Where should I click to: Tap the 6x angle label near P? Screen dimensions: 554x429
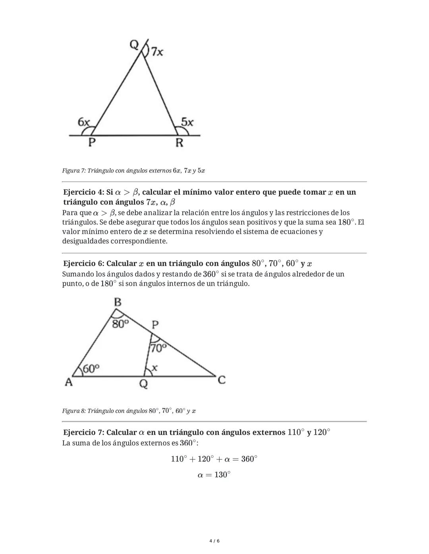tap(84, 122)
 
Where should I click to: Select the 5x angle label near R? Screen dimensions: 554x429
tap(187, 122)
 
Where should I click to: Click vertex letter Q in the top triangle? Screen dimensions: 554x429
tap(134, 45)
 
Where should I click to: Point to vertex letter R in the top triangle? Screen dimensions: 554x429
tap(179, 143)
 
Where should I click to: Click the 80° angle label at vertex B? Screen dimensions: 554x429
tap(120, 324)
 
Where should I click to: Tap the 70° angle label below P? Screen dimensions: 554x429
tap(158, 348)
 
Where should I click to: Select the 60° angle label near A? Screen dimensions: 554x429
tap(91, 369)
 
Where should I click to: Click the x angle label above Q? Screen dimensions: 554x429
tap(155, 368)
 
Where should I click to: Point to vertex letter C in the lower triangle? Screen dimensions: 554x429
tap(222, 380)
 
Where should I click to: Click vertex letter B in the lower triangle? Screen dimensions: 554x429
tap(118, 302)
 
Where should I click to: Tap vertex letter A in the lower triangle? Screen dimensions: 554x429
tap(69, 382)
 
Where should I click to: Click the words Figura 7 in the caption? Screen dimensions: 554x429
tap(73, 171)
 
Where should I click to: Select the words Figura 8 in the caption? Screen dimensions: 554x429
tap(73, 411)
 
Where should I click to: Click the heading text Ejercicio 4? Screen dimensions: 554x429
tap(83, 192)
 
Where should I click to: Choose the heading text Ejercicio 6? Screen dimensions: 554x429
tap(83, 264)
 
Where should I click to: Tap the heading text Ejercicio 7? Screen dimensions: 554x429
tap(83, 432)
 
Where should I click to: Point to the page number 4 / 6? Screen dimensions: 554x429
tap(214, 541)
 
